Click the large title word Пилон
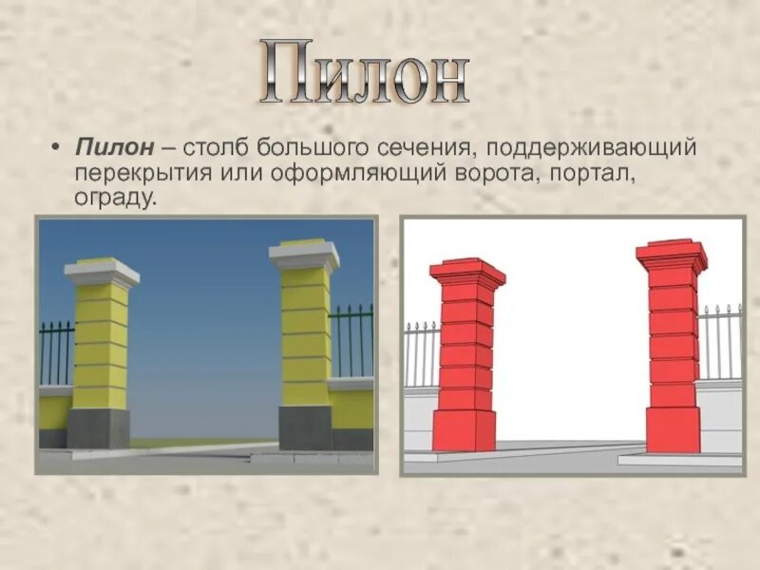365,73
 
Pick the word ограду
112,199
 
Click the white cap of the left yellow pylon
102,272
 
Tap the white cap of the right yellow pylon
304,255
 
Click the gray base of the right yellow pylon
305,427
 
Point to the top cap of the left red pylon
466,273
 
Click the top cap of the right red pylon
671,255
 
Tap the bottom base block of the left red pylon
464,430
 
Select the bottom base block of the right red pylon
674,429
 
